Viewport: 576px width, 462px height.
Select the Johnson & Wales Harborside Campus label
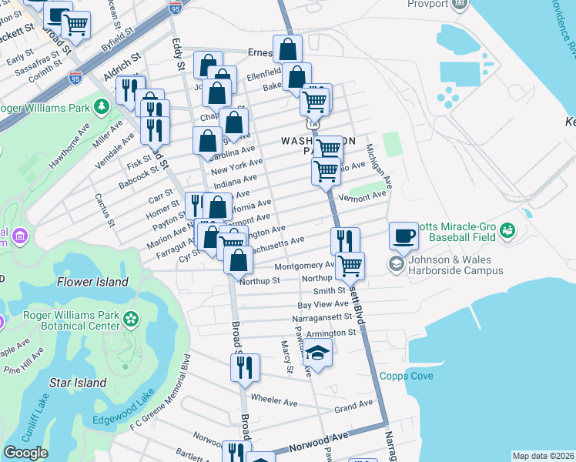pos(456,265)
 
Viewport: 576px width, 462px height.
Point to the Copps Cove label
pos(406,376)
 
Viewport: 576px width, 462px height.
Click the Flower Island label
pos(92,282)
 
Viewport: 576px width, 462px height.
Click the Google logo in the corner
pos(25,452)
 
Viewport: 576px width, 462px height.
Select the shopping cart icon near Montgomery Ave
pos(350,265)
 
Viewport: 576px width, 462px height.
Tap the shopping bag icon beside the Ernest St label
pos(287,49)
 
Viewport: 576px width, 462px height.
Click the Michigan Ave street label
pos(379,166)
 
